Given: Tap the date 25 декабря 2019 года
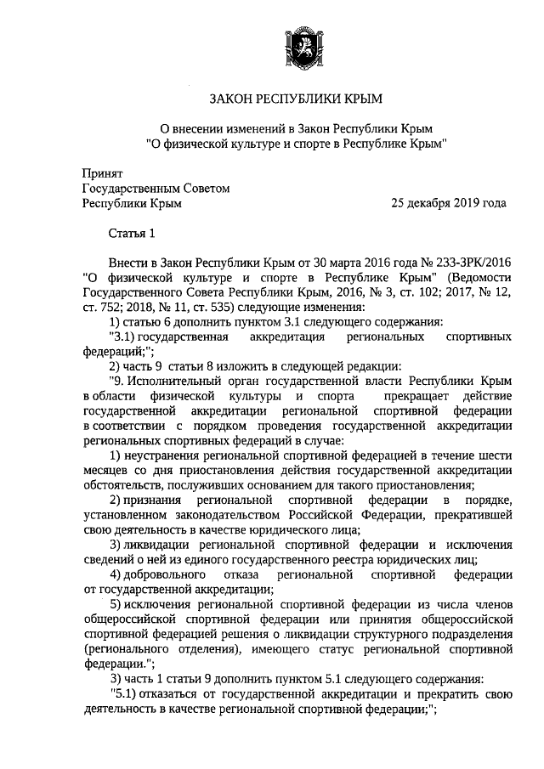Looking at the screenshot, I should tap(449, 203).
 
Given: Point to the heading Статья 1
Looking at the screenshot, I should tap(132, 234).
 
